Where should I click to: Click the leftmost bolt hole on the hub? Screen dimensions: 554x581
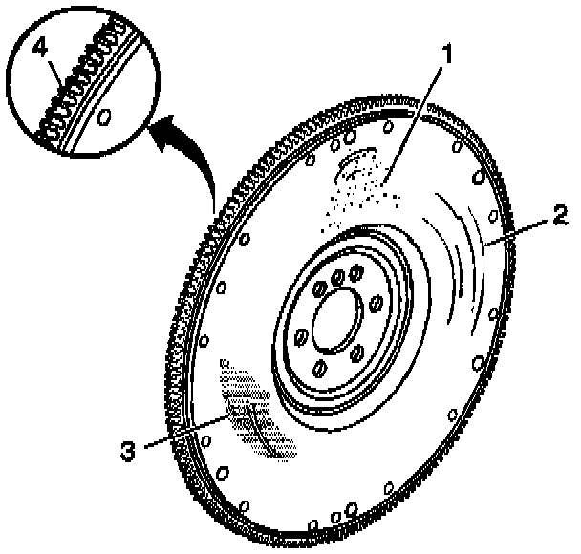click(300, 335)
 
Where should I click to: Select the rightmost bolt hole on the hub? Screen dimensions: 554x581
click(375, 305)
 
